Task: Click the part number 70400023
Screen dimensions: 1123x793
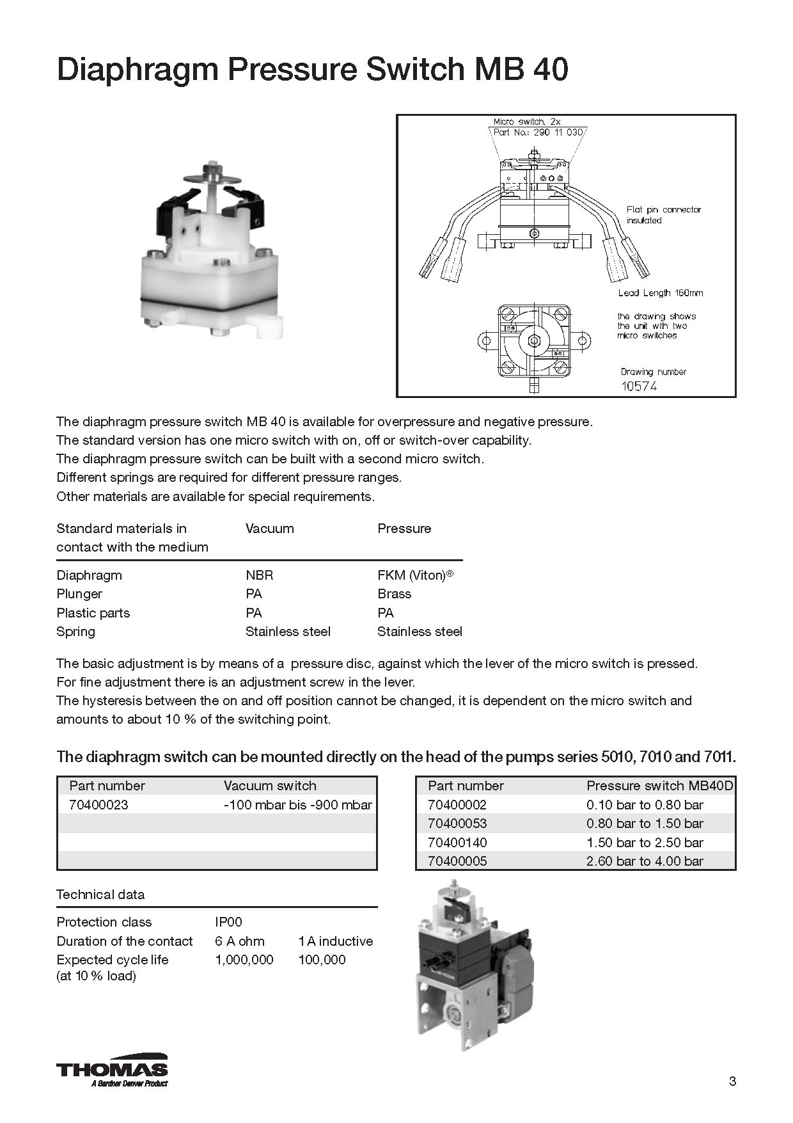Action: pyautogui.click(x=98, y=805)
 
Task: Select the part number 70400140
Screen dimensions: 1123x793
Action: pyautogui.click(x=457, y=843)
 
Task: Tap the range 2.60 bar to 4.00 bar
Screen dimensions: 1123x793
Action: pyautogui.click(x=645, y=861)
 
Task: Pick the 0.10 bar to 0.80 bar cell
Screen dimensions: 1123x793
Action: pyautogui.click(x=645, y=805)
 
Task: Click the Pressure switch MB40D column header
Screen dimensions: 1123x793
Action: pyautogui.click(x=659, y=786)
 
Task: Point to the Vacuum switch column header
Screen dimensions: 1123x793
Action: pyautogui.click(x=270, y=786)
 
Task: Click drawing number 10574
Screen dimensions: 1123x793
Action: pyautogui.click(x=639, y=386)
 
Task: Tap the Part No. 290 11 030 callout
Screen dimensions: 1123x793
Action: pyautogui.click(x=538, y=132)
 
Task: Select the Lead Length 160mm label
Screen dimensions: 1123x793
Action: pyautogui.click(x=660, y=293)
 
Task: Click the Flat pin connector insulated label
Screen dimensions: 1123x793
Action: pyautogui.click(x=663, y=215)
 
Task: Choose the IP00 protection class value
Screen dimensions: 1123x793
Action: pyautogui.click(x=229, y=922)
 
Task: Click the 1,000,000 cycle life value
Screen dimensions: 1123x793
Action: pyautogui.click(x=244, y=960)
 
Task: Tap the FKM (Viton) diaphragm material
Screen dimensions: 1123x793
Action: pyautogui.click(x=415, y=575)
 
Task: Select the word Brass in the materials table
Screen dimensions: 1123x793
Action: pyautogui.click(x=395, y=594)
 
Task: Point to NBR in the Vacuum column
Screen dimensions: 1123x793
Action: pyautogui.click(x=259, y=575)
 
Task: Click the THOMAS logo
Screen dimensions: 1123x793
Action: pyautogui.click(x=112, y=1070)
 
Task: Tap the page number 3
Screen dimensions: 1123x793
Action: pyautogui.click(x=732, y=1081)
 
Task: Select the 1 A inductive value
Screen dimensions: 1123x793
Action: pyautogui.click(x=335, y=941)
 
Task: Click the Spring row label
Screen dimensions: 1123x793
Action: pyautogui.click(x=75, y=632)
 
